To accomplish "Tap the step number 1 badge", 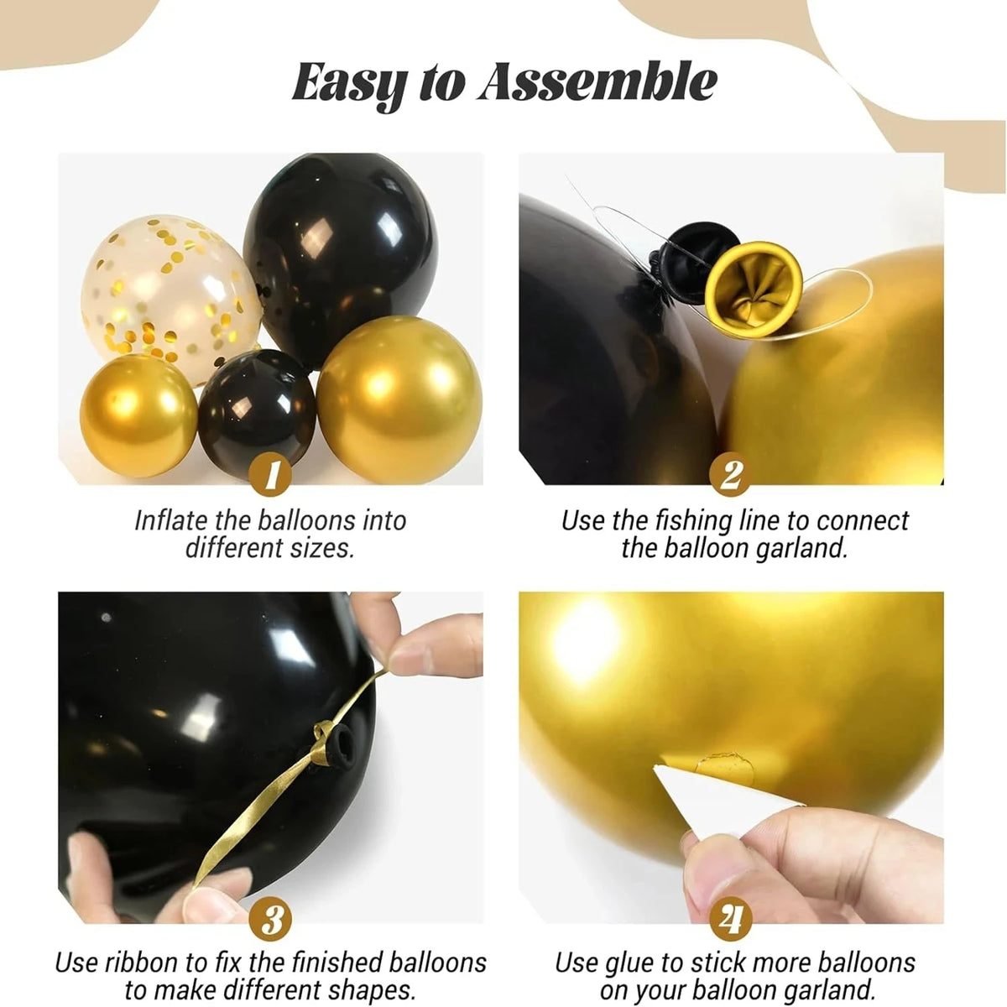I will [x=270, y=476].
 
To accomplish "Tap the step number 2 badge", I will [x=730, y=476].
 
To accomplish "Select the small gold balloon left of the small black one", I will [x=138, y=415].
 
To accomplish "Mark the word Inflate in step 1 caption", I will [x=171, y=520].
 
